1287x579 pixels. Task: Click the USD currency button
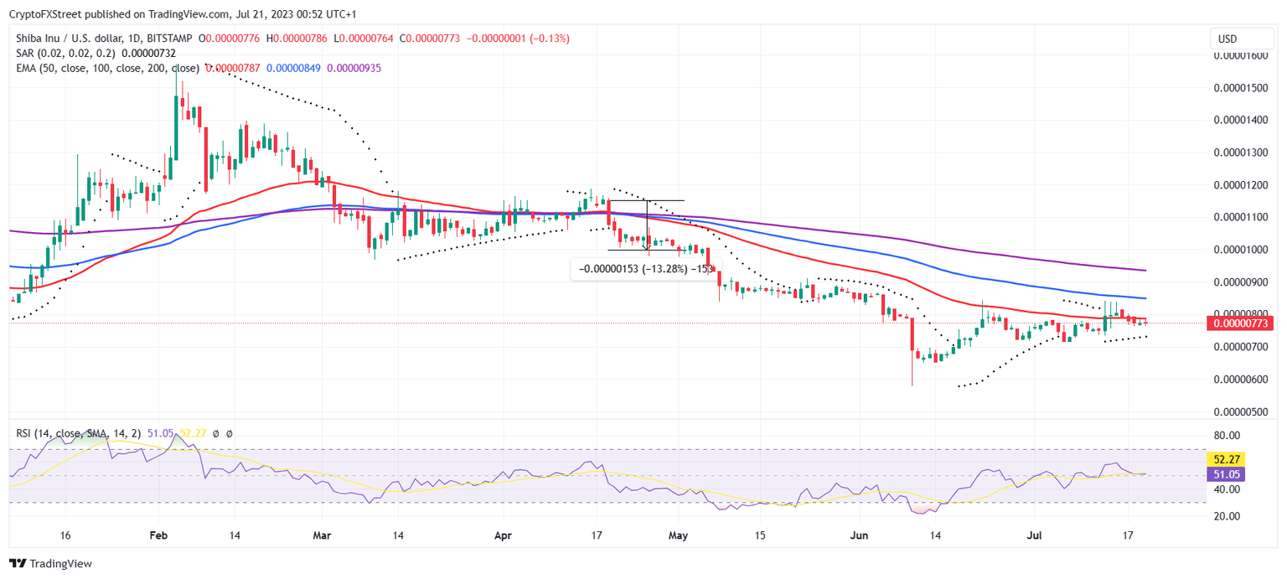(1227, 39)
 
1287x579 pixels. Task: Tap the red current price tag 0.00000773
(1238, 323)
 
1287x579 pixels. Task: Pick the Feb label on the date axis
(158, 535)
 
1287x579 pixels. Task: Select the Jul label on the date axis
(1036, 535)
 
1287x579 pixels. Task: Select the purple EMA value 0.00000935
(354, 68)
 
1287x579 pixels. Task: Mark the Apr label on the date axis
(503, 535)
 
